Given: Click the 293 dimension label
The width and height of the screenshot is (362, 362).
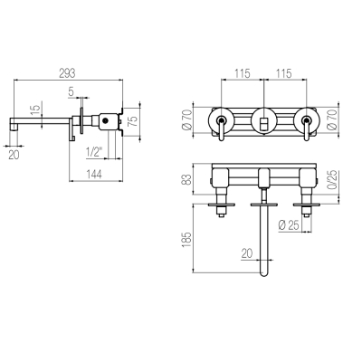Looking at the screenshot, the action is pyautogui.click(x=67, y=73).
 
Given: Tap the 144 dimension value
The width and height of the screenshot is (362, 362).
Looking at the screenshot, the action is pyautogui.click(x=94, y=174).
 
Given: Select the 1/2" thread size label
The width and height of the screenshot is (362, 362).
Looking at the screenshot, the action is pyautogui.click(x=94, y=152).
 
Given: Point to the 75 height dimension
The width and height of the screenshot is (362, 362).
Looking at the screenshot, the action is pyautogui.click(x=133, y=120).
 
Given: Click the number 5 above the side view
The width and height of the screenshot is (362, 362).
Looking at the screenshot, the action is pyautogui.click(x=71, y=91).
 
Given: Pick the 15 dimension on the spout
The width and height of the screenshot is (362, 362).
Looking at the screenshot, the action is pyautogui.click(x=36, y=111).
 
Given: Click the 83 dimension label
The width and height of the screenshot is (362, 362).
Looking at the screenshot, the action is pyautogui.click(x=187, y=179).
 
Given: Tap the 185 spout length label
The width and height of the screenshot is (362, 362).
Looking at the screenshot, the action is pyautogui.click(x=186, y=240).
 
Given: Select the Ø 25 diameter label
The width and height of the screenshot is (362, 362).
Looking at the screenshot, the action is pyautogui.click(x=289, y=225).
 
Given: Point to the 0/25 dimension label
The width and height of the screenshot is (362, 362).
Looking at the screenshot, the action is pyautogui.click(x=332, y=180).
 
